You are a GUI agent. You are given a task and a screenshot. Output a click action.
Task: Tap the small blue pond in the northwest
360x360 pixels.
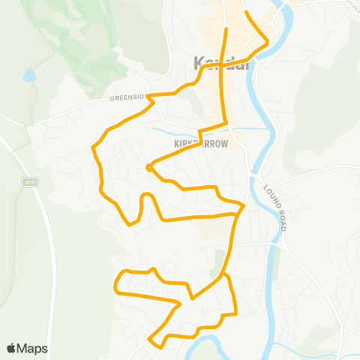point(28,75)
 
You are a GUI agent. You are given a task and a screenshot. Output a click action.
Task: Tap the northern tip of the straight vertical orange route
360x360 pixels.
point(226,29)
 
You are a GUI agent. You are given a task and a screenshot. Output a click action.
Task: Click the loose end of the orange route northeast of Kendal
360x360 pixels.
point(247,13)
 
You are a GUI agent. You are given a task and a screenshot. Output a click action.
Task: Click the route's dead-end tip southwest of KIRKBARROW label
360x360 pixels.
point(149,168)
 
